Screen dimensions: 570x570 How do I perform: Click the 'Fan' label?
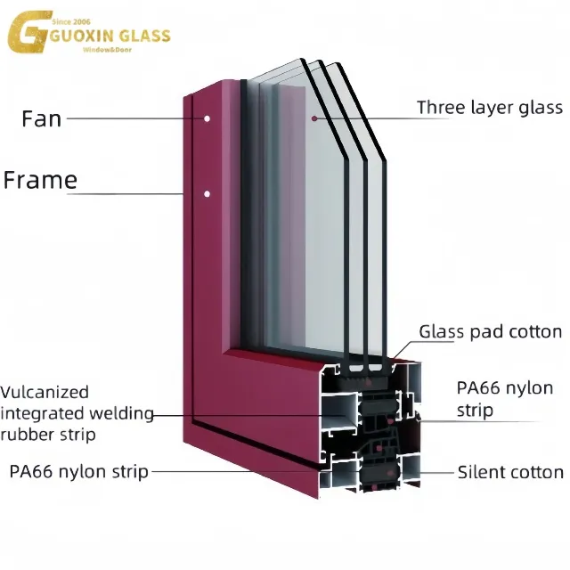[41, 118]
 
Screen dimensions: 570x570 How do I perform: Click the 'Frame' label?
[40, 181]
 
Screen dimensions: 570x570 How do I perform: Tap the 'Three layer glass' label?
[490, 108]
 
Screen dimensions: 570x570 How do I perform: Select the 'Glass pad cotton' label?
[491, 332]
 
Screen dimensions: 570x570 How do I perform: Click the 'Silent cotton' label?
[510, 472]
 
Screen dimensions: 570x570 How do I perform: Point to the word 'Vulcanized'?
[45, 392]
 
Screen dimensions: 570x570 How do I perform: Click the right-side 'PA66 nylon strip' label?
[504, 399]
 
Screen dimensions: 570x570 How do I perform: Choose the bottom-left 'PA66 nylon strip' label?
[78, 471]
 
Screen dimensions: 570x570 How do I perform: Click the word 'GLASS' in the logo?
[142, 37]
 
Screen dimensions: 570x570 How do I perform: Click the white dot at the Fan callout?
[207, 118]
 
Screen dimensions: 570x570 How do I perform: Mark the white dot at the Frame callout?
[207, 193]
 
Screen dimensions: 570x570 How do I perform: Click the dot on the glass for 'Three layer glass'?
[313, 118]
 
